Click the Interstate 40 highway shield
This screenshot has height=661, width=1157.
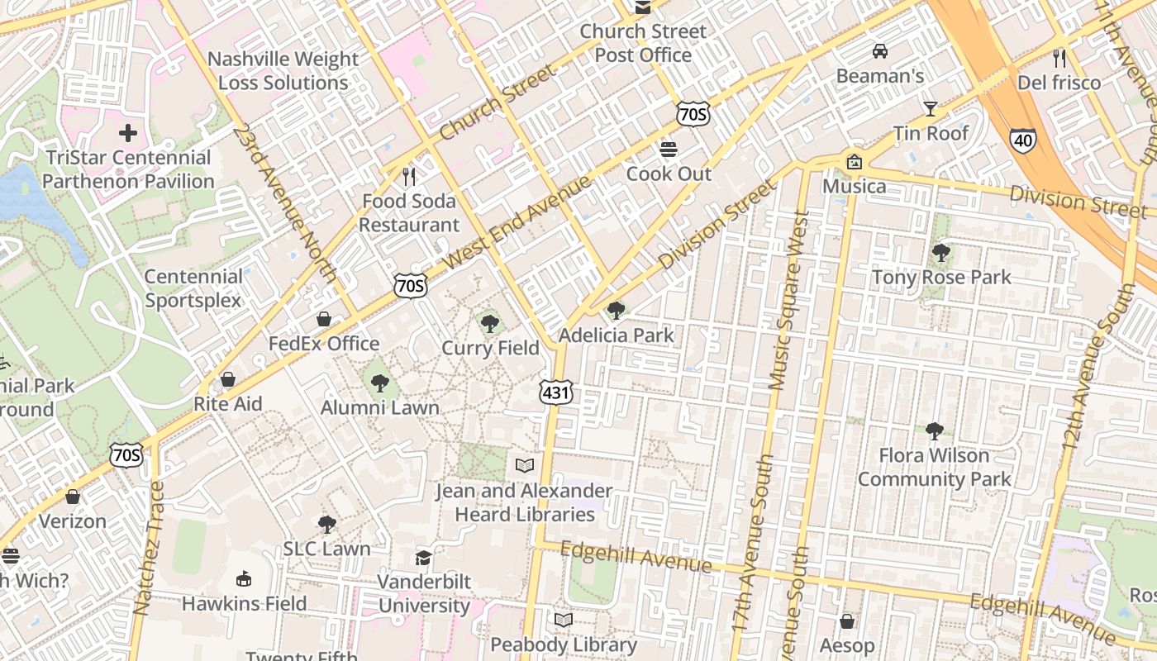[1022, 140]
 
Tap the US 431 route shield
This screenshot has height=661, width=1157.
[556, 392]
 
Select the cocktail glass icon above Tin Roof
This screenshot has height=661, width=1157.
[931, 109]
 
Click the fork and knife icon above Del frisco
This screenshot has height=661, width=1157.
[1059, 59]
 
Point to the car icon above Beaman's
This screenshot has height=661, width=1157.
[880, 51]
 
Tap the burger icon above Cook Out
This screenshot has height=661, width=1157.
[669, 150]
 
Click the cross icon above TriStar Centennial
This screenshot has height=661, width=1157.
[128, 132]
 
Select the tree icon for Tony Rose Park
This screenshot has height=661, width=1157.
[940, 253]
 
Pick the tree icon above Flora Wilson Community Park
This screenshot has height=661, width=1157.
[935, 430]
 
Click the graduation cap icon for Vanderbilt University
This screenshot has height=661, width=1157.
[424, 558]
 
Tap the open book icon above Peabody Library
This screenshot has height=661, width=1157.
[564, 620]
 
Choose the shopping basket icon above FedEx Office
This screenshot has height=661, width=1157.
[324, 319]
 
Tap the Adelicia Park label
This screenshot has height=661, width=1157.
[617, 335]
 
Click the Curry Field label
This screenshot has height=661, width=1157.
[490, 348]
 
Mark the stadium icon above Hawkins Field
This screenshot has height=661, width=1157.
[244, 578]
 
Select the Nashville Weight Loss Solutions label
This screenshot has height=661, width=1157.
[283, 71]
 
